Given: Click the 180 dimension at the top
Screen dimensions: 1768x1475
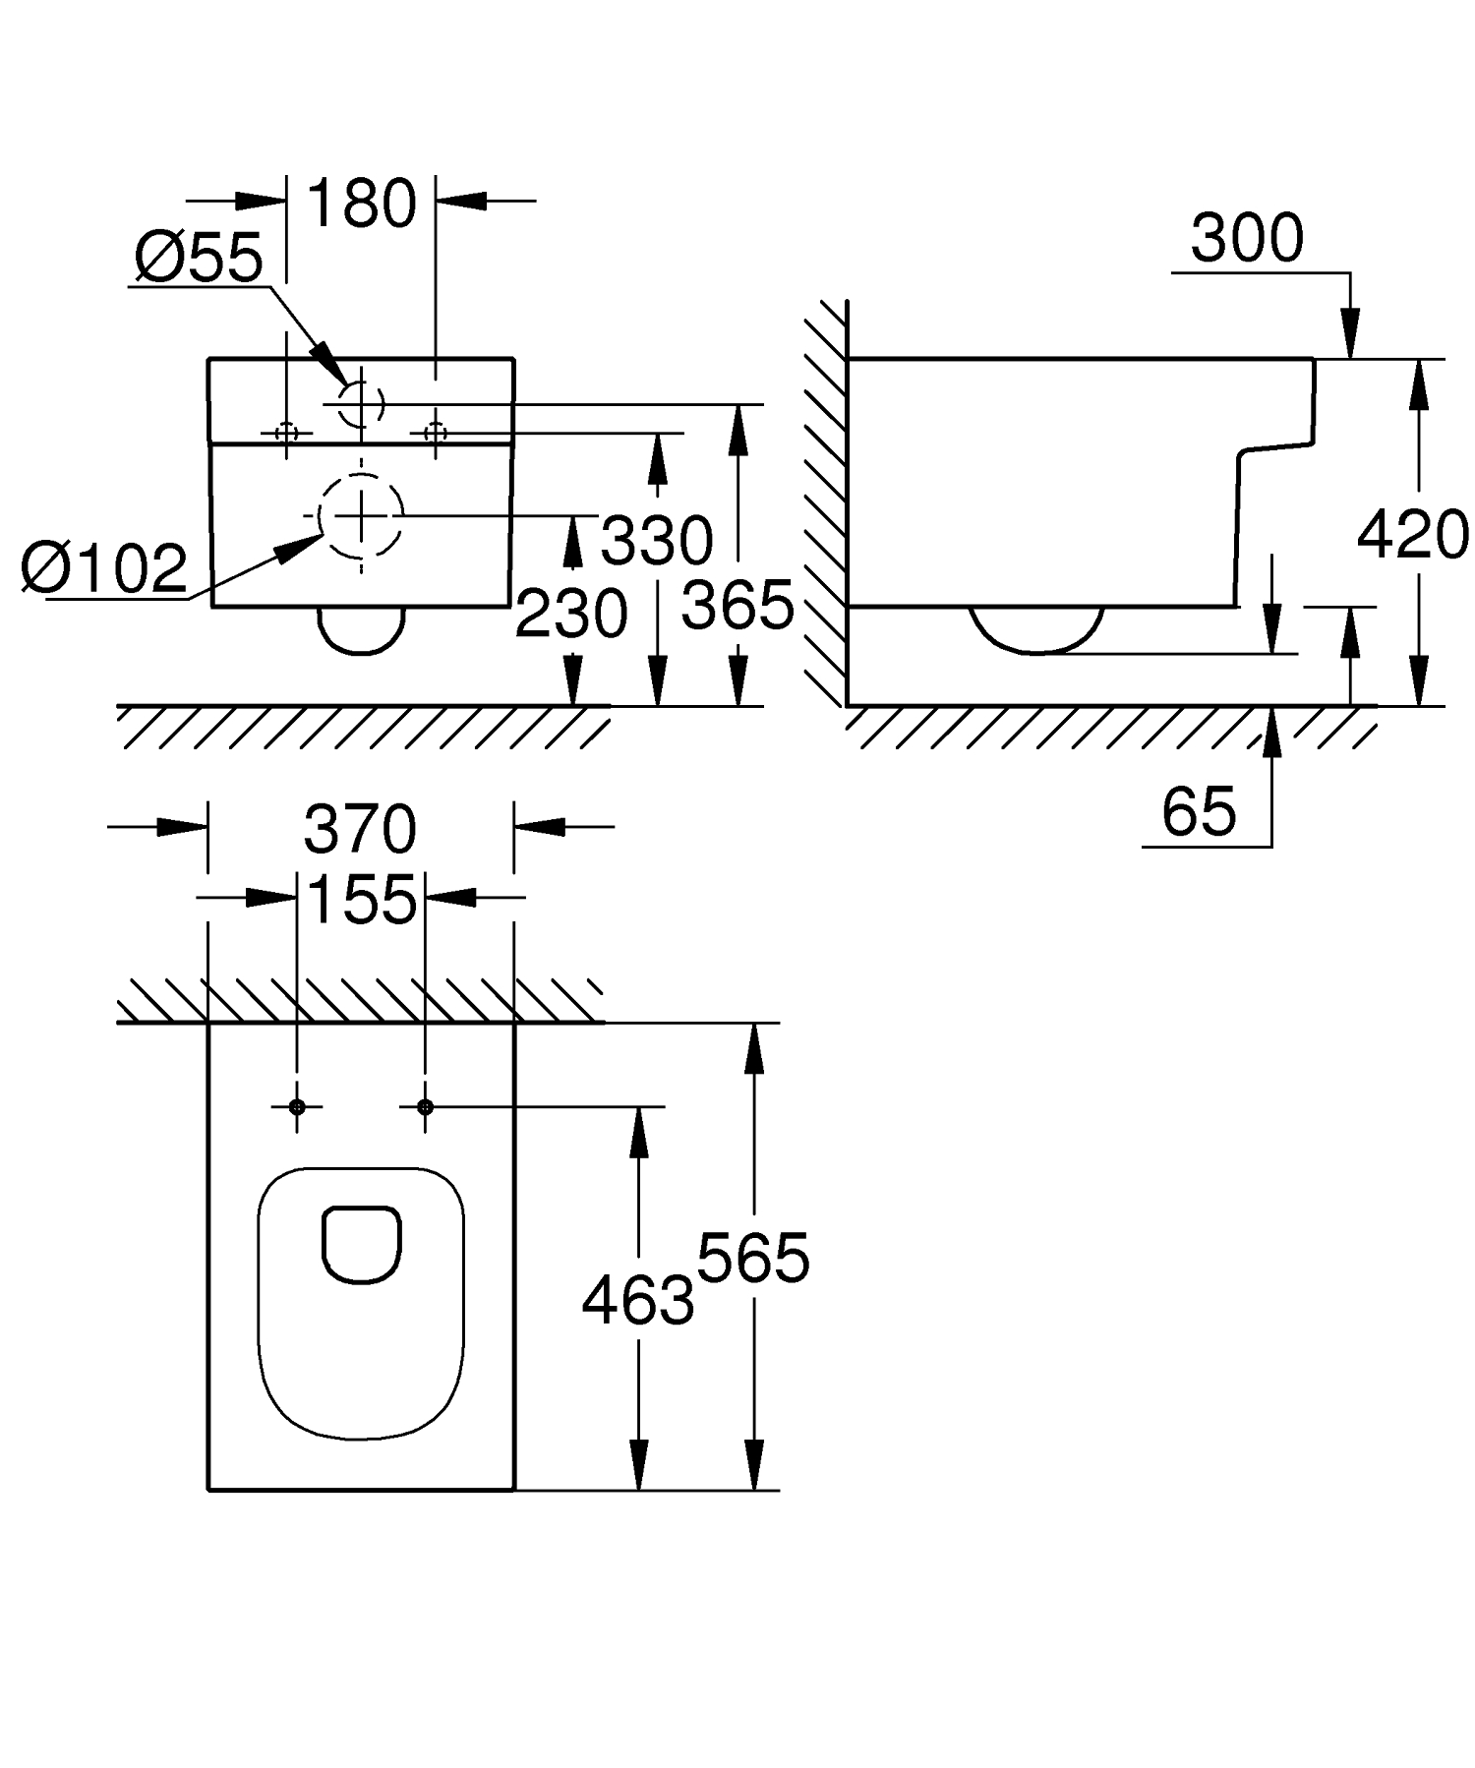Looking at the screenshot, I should point(362,205).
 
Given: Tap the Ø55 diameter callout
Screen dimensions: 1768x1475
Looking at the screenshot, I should point(200,258).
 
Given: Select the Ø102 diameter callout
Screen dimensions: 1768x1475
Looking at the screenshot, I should point(105,568).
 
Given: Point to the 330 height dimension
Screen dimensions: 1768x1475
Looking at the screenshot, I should point(657,540).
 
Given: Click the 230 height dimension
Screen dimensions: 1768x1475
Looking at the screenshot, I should point(571,614).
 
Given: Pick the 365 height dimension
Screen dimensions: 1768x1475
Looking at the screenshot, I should point(737,605).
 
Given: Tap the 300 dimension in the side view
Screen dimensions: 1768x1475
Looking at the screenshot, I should point(1247,238).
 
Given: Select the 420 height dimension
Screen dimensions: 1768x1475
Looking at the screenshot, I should point(1413,536).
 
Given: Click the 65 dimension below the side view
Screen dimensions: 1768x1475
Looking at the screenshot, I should point(1199,812).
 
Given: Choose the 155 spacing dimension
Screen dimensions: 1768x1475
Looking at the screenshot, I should point(362,899).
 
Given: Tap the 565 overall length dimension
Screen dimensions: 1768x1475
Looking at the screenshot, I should point(753,1258).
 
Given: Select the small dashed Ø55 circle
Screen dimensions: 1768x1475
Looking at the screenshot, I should point(361,403).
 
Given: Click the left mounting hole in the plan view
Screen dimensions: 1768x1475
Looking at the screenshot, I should point(297,1107).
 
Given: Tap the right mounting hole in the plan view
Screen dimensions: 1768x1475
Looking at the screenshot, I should point(425,1107).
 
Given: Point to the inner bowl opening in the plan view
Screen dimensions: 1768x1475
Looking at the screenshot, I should point(361,1244).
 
